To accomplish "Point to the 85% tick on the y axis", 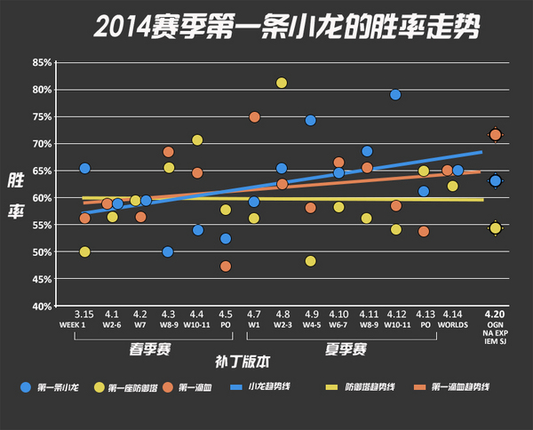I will pyautogui.click(x=41, y=62).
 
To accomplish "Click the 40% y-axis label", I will pyautogui.click(x=41, y=306).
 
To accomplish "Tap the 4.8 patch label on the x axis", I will pyautogui.click(x=282, y=315).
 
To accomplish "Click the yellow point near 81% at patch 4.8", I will pyautogui.click(x=282, y=83).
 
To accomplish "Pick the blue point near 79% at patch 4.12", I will pyautogui.click(x=395, y=95).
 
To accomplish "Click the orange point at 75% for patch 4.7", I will pyautogui.click(x=254, y=117).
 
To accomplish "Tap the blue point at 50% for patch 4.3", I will pyautogui.click(x=168, y=252).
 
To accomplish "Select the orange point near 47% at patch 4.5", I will pyautogui.click(x=226, y=266).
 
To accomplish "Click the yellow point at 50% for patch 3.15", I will pyautogui.click(x=84, y=252).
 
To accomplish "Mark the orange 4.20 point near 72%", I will pyautogui.click(x=495, y=135).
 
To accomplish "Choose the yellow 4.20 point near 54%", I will pyautogui.click(x=495, y=228).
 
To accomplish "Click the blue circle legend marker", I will pyautogui.click(x=25, y=387).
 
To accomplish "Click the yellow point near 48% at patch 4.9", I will pyautogui.click(x=310, y=261).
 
